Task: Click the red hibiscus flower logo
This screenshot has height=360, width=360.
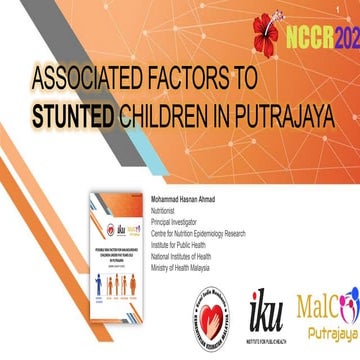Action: [272, 27]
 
